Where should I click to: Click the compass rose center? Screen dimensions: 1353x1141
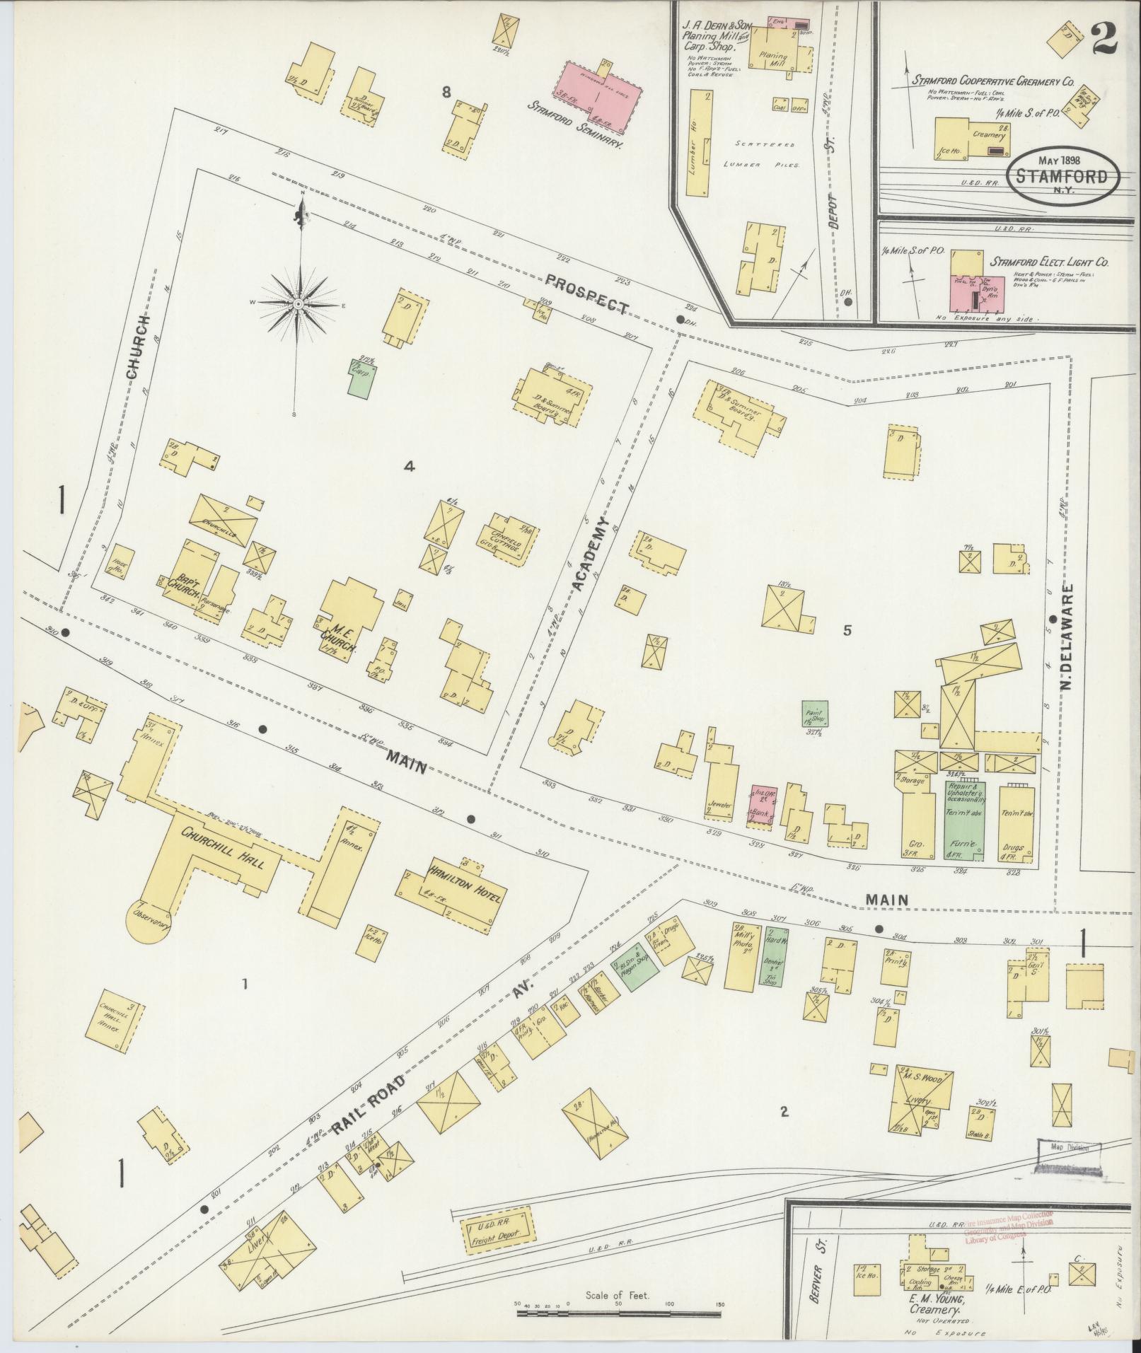pos(299,304)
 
